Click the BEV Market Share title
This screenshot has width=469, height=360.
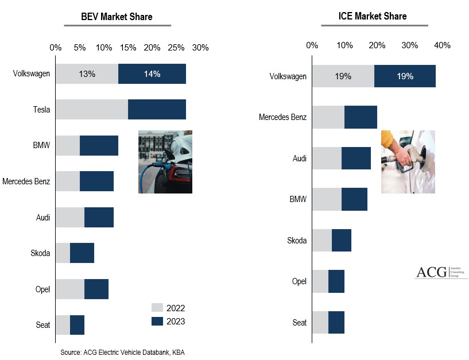[x=118, y=17]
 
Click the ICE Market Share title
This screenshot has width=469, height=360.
[x=372, y=16]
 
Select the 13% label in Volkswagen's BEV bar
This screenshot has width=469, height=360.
[x=87, y=73]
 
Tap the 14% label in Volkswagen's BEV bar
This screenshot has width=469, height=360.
[x=152, y=73]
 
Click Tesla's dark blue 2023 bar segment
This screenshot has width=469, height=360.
[x=157, y=109]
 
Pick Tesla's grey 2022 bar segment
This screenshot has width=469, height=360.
[x=92, y=109]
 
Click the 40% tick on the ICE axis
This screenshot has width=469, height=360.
[x=442, y=45]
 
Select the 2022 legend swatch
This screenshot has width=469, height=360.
[x=157, y=308]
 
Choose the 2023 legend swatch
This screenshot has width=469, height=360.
[x=157, y=322]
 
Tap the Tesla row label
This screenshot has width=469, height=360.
[x=41, y=110]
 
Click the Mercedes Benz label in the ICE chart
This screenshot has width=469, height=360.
[x=282, y=117]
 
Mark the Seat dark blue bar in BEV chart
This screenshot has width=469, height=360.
[x=77, y=325]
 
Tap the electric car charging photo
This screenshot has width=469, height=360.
[x=165, y=161]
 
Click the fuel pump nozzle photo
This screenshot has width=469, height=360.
[x=408, y=161]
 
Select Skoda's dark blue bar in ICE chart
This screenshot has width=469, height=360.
[x=342, y=240]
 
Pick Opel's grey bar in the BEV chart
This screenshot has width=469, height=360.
[x=70, y=289]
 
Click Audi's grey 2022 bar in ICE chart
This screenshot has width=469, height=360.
[x=327, y=158]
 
